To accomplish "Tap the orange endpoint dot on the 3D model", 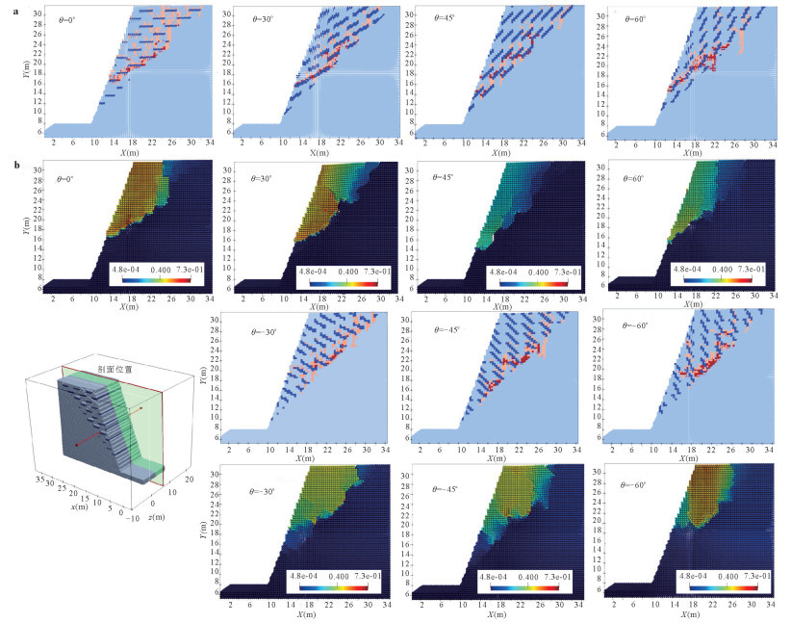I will (141, 408).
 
